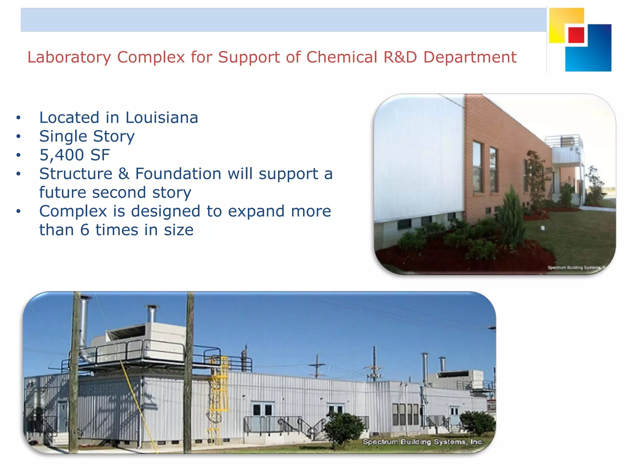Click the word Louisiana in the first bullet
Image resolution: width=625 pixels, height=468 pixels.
161,118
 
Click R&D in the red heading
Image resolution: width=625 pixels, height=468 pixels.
400,57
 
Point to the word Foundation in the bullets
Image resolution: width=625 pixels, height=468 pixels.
178,174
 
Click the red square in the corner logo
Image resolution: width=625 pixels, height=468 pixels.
576,35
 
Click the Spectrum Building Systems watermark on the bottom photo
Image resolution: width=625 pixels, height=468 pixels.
423,442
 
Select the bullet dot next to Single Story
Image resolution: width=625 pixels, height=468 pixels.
19,136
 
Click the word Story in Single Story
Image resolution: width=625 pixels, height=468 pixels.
114,136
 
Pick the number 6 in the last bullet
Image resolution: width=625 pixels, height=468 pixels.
85,230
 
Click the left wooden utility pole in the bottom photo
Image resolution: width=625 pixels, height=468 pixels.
74,372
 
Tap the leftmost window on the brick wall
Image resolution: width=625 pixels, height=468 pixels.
478,167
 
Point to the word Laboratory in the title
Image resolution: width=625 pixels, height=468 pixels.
69,57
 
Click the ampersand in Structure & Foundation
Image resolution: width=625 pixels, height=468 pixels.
124,174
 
